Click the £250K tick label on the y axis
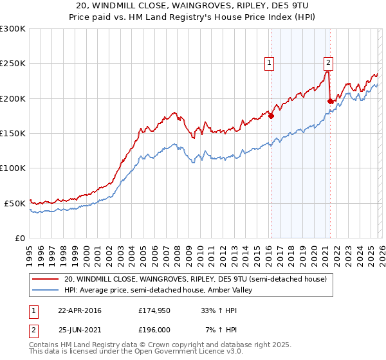13,64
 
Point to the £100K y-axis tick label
13,168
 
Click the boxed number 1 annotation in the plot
268,63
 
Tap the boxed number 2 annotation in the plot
328,62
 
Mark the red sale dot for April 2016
271,116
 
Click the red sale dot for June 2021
330,101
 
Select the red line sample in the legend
46,279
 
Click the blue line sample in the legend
46,290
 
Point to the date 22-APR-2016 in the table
79,310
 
